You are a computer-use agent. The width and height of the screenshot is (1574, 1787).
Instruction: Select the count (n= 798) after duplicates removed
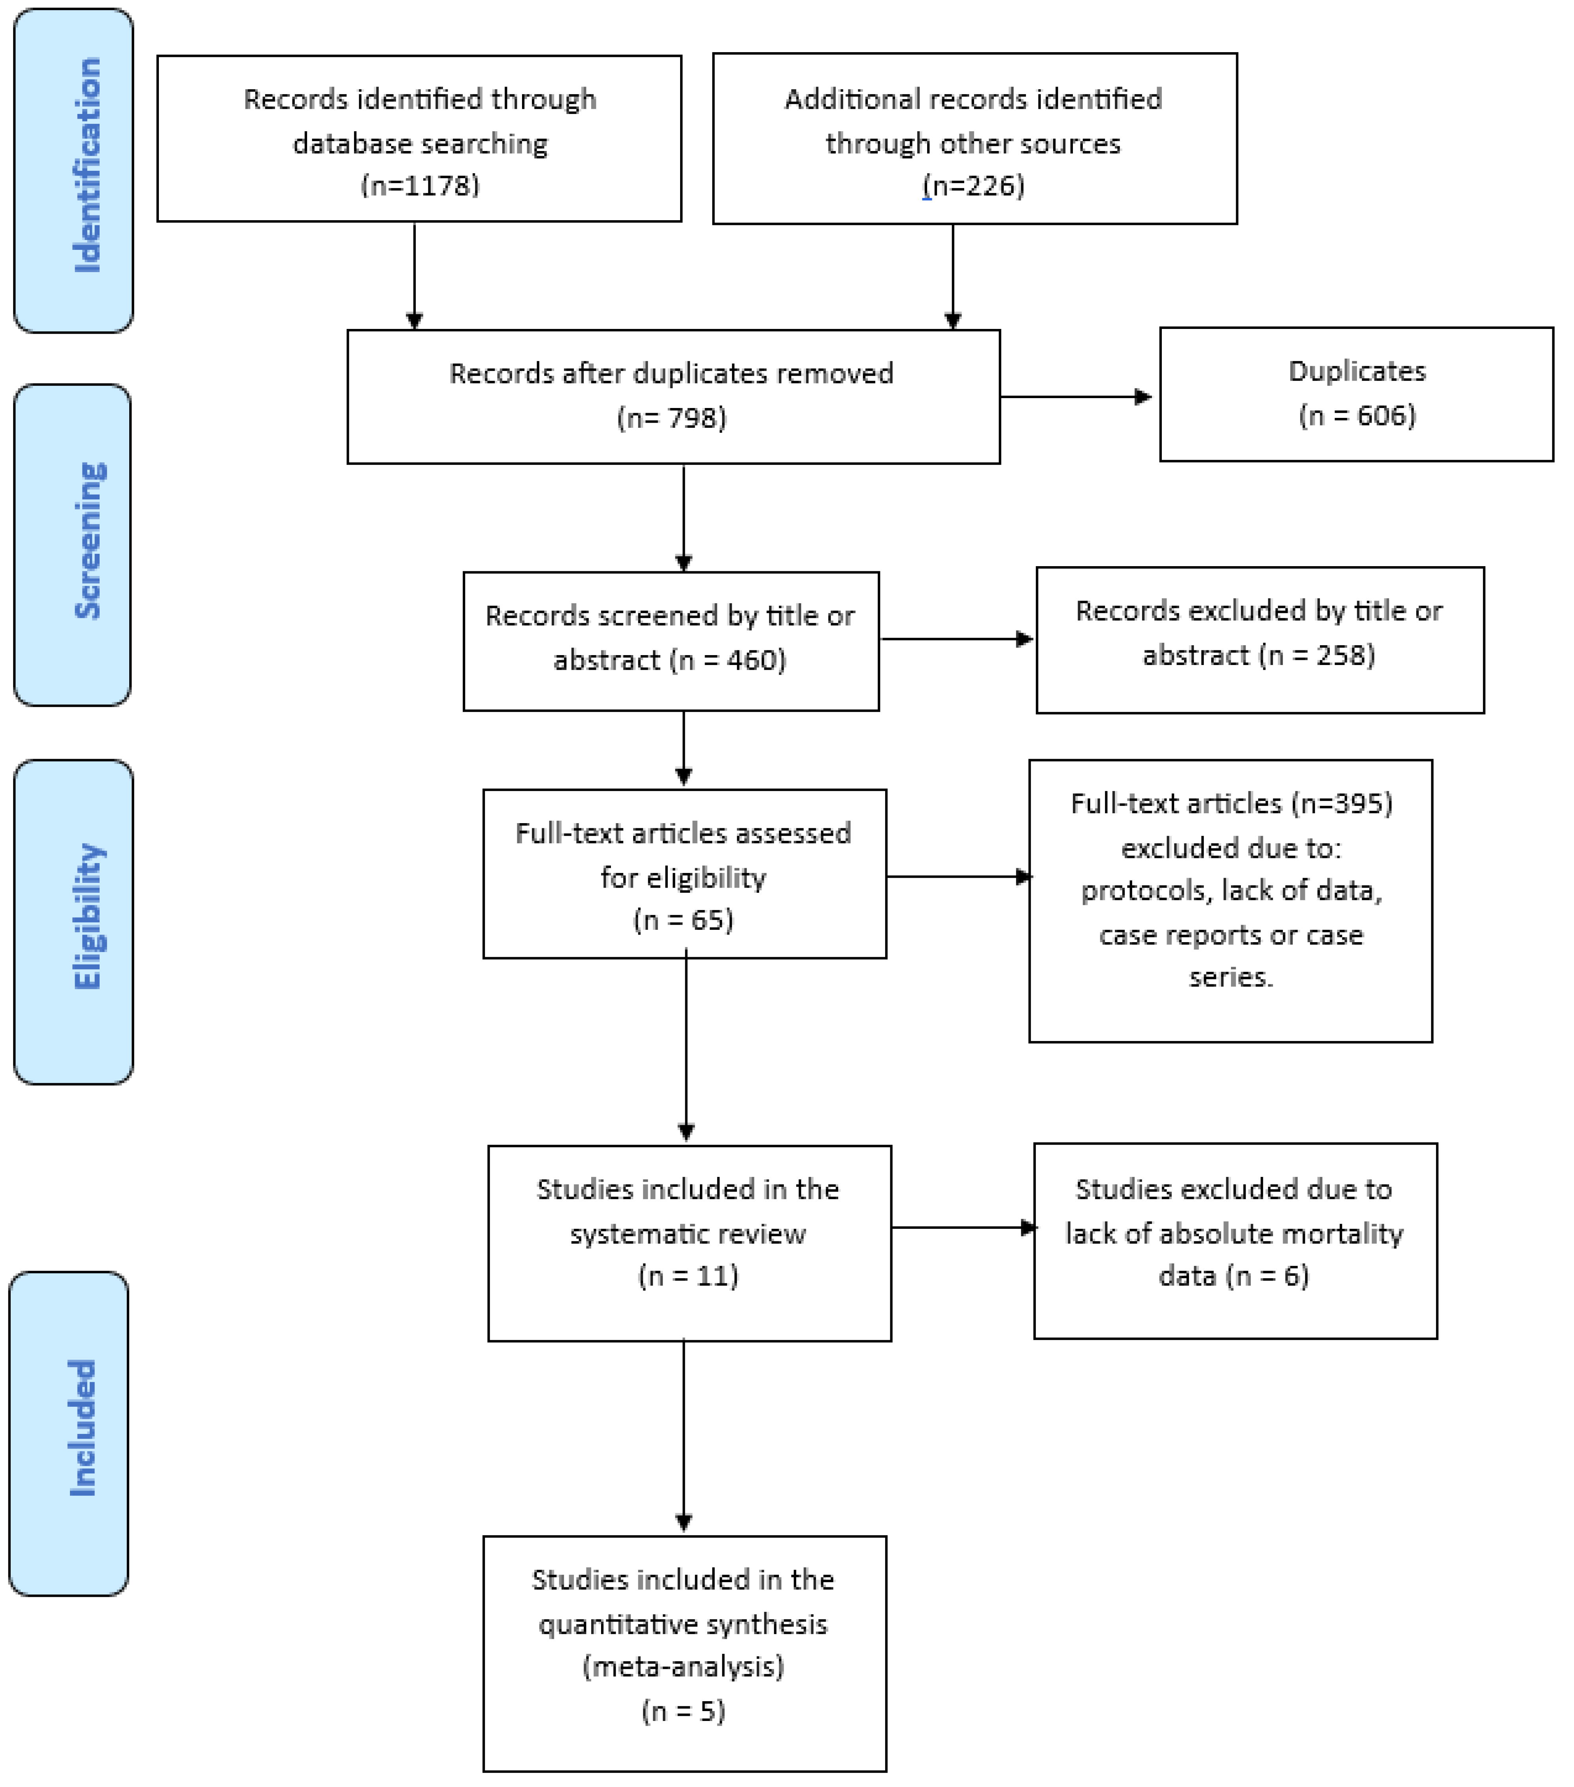pyautogui.click(x=671, y=418)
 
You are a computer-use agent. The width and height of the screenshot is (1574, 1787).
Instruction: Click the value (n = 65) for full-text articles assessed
pyautogui.click(x=683, y=920)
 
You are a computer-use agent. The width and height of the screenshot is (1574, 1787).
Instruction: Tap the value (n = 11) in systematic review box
pyautogui.click(x=689, y=1275)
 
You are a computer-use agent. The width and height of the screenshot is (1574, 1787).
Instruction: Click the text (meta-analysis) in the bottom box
pyautogui.click(x=683, y=1666)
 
